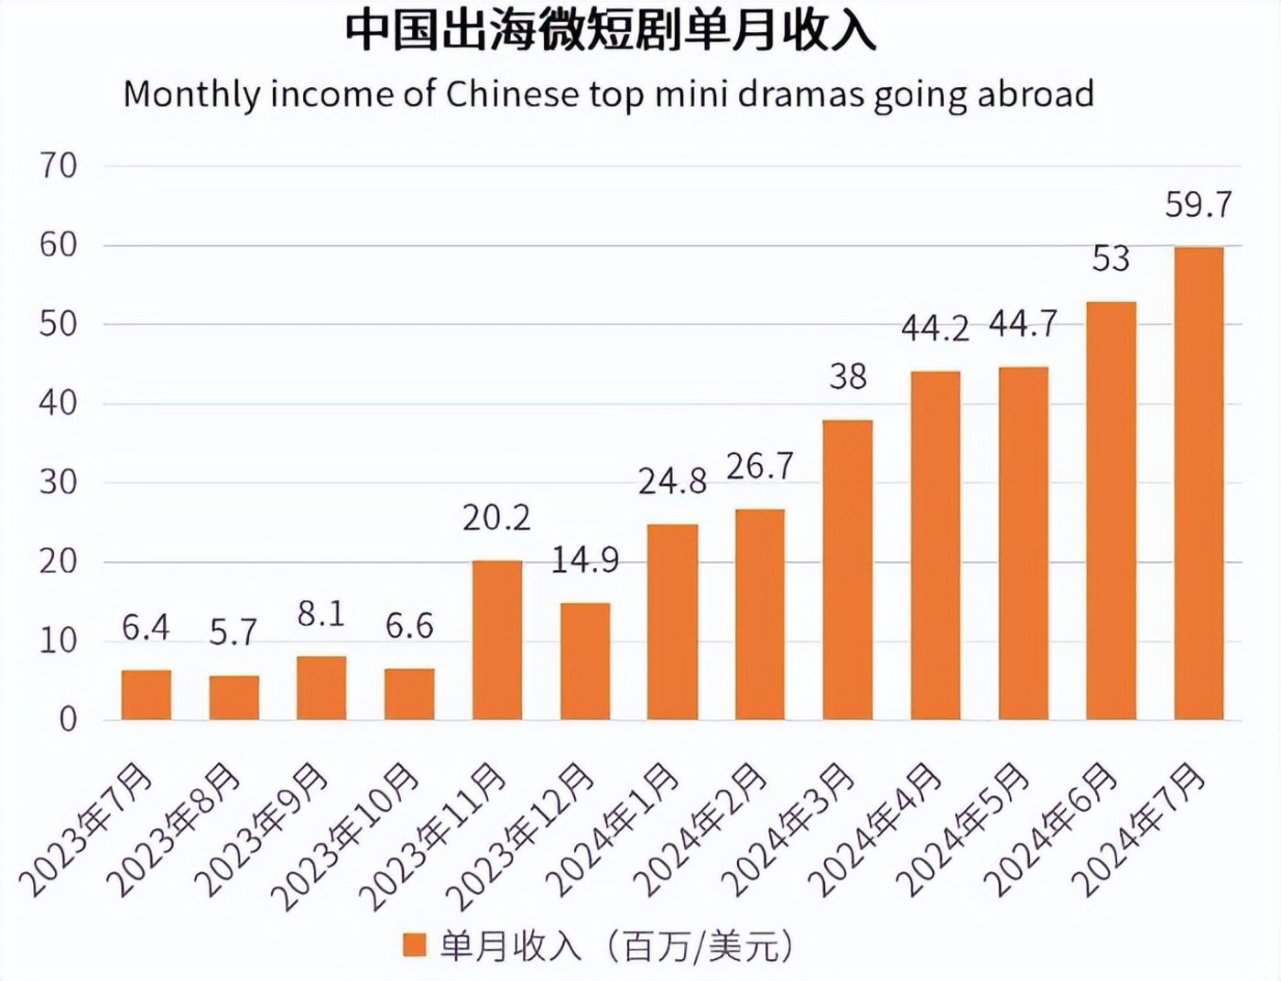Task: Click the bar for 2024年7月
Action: click(x=1198, y=483)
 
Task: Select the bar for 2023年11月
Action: click(x=496, y=641)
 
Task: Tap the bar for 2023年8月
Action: click(x=233, y=697)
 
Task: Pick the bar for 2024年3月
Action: click(x=847, y=569)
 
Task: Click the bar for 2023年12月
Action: click(x=584, y=661)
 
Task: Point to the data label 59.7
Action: click(x=1198, y=205)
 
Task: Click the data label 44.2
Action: click(x=934, y=328)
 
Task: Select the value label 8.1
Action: click(x=320, y=614)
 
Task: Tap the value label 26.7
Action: click(x=759, y=467)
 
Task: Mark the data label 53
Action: click(x=1111, y=260)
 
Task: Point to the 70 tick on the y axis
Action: click(x=58, y=167)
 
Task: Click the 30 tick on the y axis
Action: click(x=58, y=482)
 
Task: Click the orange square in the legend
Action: click(x=415, y=945)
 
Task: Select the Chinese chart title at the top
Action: click(x=610, y=31)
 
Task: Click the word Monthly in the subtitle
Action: click(x=191, y=94)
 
